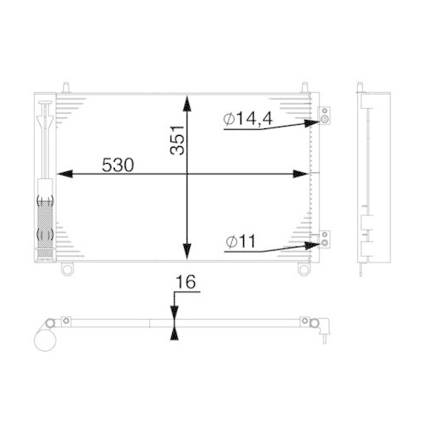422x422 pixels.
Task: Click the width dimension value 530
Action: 118,165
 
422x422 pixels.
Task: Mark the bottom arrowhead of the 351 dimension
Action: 186,255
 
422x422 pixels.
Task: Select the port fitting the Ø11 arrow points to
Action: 322,243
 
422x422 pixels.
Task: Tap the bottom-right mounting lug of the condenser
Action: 301,268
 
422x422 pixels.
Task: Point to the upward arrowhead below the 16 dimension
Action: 175,333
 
